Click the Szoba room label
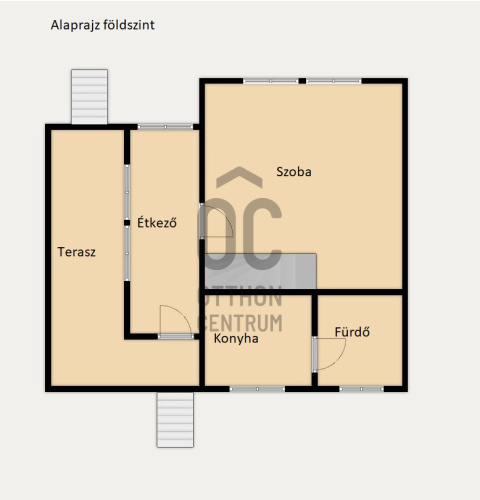click(x=294, y=172)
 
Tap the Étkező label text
click(x=157, y=222)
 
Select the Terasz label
click(x=77, y=252)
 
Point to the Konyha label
click(x=236, y=339)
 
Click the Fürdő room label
click(x=352, y=332)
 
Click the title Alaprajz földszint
click(x=103, y=25)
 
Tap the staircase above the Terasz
click(x=89, y=97)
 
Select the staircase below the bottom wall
click(x=175, y=420)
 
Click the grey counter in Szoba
click(x=260, y=271)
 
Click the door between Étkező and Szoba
click(x=202, y=221)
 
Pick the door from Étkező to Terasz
click(x=176, y=336)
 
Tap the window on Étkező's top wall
click(x=165, y=127)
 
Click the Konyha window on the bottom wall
click(x=257, y=389)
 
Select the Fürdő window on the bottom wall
click(x=361, y=389)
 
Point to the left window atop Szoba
click(x=271, y=81)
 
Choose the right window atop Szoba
click(x=334, y=81)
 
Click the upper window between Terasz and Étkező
click(x=127, y=192)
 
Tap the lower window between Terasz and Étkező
click(x=127, y=253)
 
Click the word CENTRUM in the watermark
click(x=241, y=323)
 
